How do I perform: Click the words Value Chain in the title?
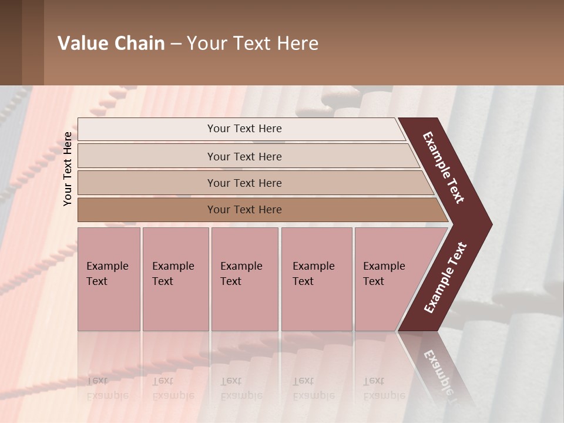pyautogui.click(x=111, y=43)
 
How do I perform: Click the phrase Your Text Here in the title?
pyautogui.click(x=253, y=43)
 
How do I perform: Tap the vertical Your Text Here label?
pyautogui.click(x=68, y=169)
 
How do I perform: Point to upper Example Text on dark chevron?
pyautogui.click(x=444, y=167)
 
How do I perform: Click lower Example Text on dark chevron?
pyautogui.click(x=445, y=278)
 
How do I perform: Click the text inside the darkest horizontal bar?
pyautogui.click(x=244, y=210)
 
